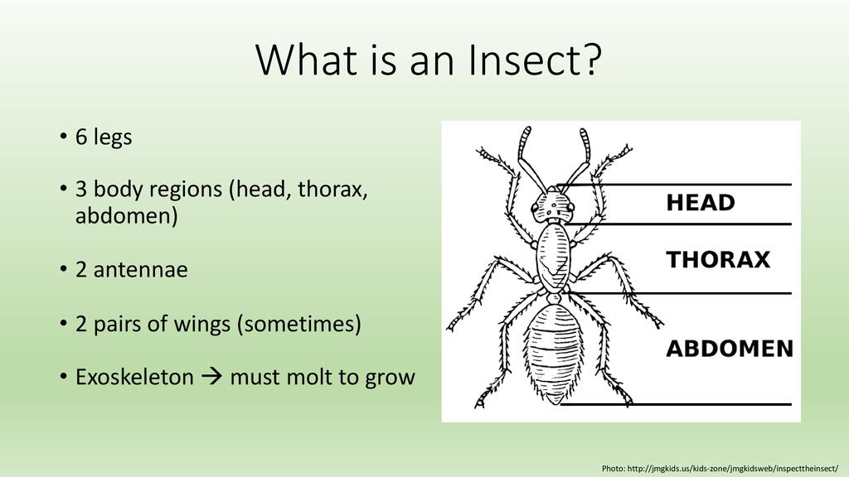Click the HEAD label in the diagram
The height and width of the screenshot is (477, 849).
click(700, 203)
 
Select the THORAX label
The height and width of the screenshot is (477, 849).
click(718, 259)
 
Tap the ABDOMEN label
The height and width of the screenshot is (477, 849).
click(730, 349)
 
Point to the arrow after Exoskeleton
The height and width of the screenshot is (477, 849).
click(211, 377)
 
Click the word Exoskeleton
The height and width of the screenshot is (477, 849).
click(134, 377)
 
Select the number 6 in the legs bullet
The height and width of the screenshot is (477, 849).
click(81, 137)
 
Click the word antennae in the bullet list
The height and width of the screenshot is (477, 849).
click(141, 270)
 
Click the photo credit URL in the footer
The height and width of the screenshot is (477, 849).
click(733, 469)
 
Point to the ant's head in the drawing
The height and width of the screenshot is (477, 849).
click(552, 205)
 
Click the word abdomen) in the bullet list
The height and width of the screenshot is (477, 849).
click(127, 216)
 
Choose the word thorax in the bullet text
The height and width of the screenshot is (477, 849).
click(332, 190)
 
